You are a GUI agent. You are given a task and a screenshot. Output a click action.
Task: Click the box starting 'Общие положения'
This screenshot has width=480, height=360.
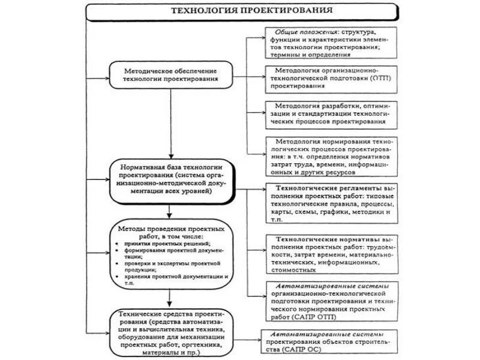[x=330, y=41]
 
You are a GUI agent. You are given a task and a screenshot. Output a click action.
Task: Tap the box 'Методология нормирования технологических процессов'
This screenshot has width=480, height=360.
[x=330, y=155]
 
